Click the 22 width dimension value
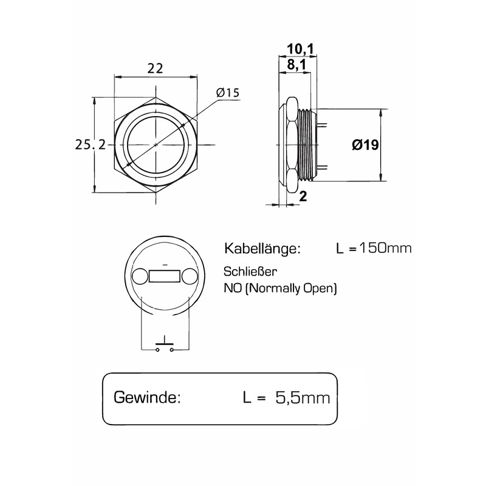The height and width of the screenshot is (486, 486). pyautogui.click(x=156, y=69)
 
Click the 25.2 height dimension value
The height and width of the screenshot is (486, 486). pyautogui.click(x=91, y=145)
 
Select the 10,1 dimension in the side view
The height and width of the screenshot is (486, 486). pyautogui.click(x=296, y=49)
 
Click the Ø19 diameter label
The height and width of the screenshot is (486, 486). pyautogui.click(x=366, y=145)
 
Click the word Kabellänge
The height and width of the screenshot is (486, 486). pyautogui.click(x=262, y=248)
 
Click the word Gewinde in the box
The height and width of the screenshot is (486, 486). pyautogui.click(x=147, y=398)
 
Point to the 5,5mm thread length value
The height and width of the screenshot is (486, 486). pyautogui.click(x=303, y=398)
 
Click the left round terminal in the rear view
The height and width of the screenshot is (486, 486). pyautogui.click(x=139, y=277)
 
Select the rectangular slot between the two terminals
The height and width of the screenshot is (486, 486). pyautogui.click(x=164, y=277)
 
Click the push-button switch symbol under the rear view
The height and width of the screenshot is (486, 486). pyautogui.click(x=165, y=346)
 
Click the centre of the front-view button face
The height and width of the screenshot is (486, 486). pyautogui.click(x=156, y=145)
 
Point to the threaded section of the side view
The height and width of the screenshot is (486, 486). pyautogui.click(x=308, y=145)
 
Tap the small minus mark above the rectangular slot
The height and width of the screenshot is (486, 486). pyautogui.click(x=165, y=265)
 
